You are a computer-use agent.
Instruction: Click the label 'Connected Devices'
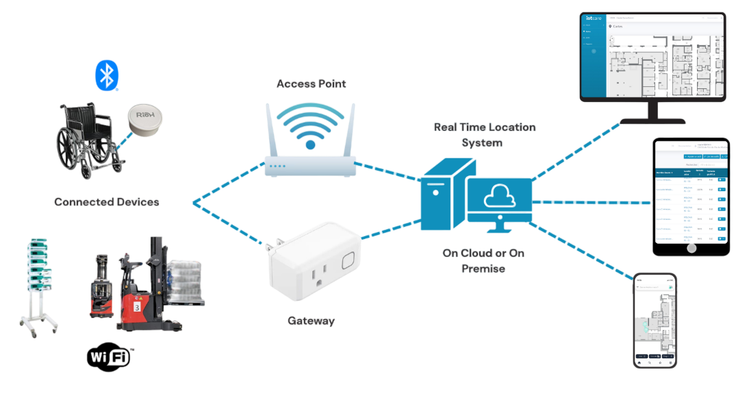(107, 202)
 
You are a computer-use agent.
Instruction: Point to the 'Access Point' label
(311, 84)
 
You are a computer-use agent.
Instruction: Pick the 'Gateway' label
(311, 321)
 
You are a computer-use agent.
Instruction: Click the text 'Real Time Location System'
(484, 135)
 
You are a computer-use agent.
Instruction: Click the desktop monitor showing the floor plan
(652, 59)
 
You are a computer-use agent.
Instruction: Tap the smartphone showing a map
(655, 321)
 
